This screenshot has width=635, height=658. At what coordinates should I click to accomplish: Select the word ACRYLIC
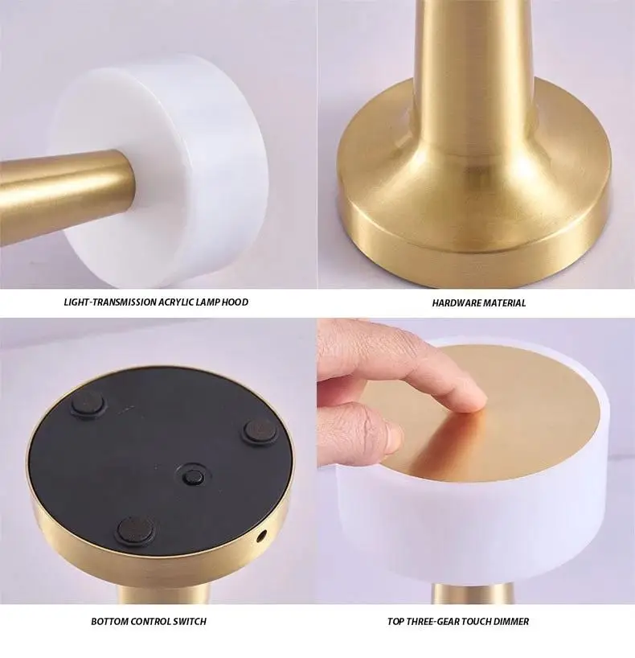point(186,302)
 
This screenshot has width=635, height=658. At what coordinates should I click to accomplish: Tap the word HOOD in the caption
point(235,302)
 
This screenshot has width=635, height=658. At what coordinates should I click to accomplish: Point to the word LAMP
point(214,302)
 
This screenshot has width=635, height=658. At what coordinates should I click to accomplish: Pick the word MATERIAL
point(505,303)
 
